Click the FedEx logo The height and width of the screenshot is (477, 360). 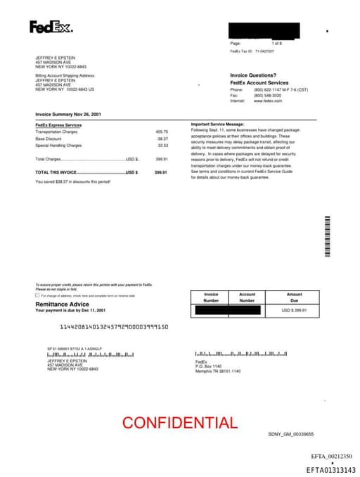[51, 27]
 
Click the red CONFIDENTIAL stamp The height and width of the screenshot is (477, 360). [179, 423]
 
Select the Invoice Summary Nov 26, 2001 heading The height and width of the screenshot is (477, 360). [68, 114]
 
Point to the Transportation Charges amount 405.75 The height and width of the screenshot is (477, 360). [162, 132]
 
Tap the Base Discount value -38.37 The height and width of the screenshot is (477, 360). [162, 139]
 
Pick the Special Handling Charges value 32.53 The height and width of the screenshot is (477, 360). [162, 146]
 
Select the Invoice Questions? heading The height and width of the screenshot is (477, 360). [253, 75]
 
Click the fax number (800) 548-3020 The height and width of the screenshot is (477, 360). [267, 95]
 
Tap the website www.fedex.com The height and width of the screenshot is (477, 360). [268, 101]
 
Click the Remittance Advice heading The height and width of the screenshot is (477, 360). [63, 304]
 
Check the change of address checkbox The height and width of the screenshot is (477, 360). [37, 295]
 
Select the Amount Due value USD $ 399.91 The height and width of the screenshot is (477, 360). [295, 310]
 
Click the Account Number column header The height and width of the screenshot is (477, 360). [247, 298]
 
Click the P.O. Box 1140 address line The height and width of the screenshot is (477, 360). [208, 367]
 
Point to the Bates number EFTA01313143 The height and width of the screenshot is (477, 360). [330, 470]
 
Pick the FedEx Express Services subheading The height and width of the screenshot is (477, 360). [58, 125]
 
